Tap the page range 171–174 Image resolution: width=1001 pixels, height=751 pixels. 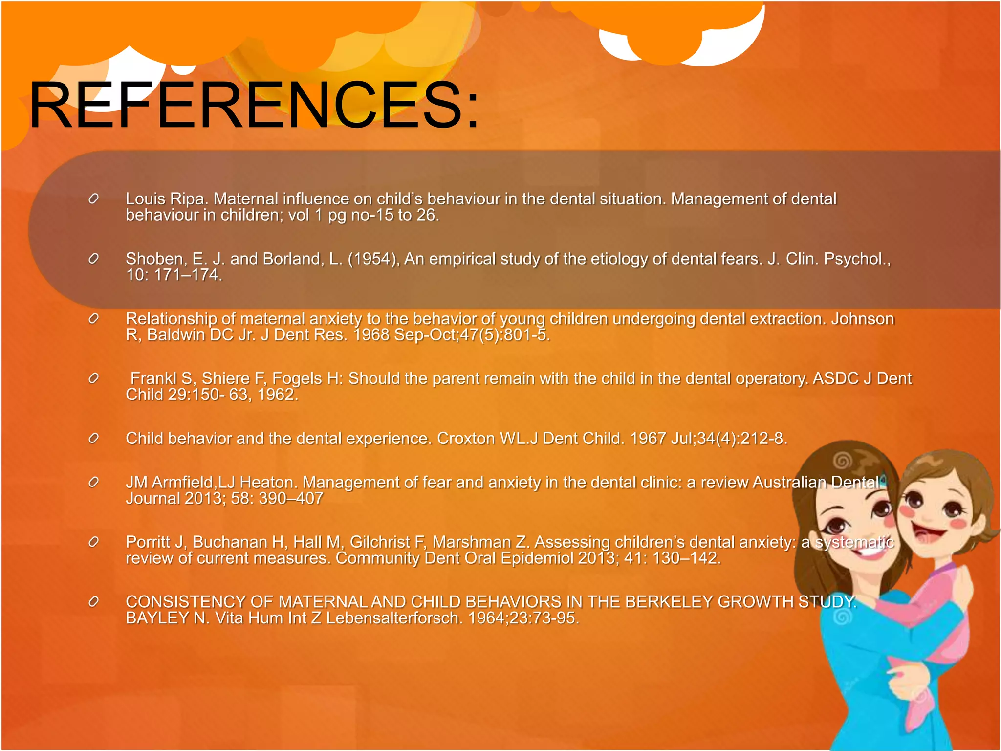pos(188,275)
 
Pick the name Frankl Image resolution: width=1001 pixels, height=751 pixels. pos(153,378)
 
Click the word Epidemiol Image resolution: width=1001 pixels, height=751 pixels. pos(537,558)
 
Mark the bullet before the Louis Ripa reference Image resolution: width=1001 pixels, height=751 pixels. pos(94,199)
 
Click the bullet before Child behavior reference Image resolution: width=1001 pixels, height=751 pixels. pos(94,439)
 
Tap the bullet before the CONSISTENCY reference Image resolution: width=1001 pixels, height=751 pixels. pos(94,602)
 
